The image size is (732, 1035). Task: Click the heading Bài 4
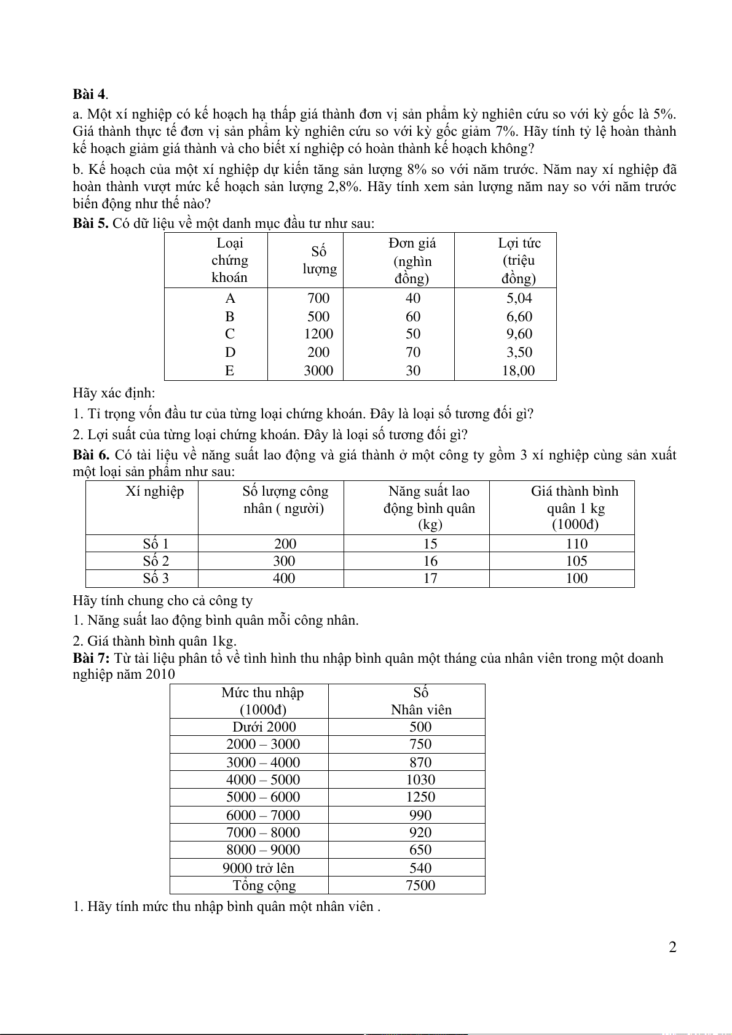pos(89,94)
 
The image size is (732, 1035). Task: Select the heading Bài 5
pos(90,223)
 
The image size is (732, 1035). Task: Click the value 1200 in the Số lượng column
pos(318,334)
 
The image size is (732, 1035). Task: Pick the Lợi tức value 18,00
pos(518,370)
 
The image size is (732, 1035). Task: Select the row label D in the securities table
pos(230,353)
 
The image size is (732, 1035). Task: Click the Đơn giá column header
pos(412,260)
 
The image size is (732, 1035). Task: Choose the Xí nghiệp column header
pos(155,491)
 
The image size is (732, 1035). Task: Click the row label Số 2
pos(155,561)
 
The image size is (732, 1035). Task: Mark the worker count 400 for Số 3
pos(284,578)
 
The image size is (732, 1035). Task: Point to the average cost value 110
pos(577,544)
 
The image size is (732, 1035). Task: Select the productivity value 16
pos(430,561)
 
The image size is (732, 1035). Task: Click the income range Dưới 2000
pos(264,727)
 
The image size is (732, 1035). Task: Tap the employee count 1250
pos(420,797)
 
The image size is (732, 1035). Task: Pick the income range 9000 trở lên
pos(258,868)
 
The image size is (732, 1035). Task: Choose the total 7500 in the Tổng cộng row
pos(420,885)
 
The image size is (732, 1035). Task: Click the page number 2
pos(672,947)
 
